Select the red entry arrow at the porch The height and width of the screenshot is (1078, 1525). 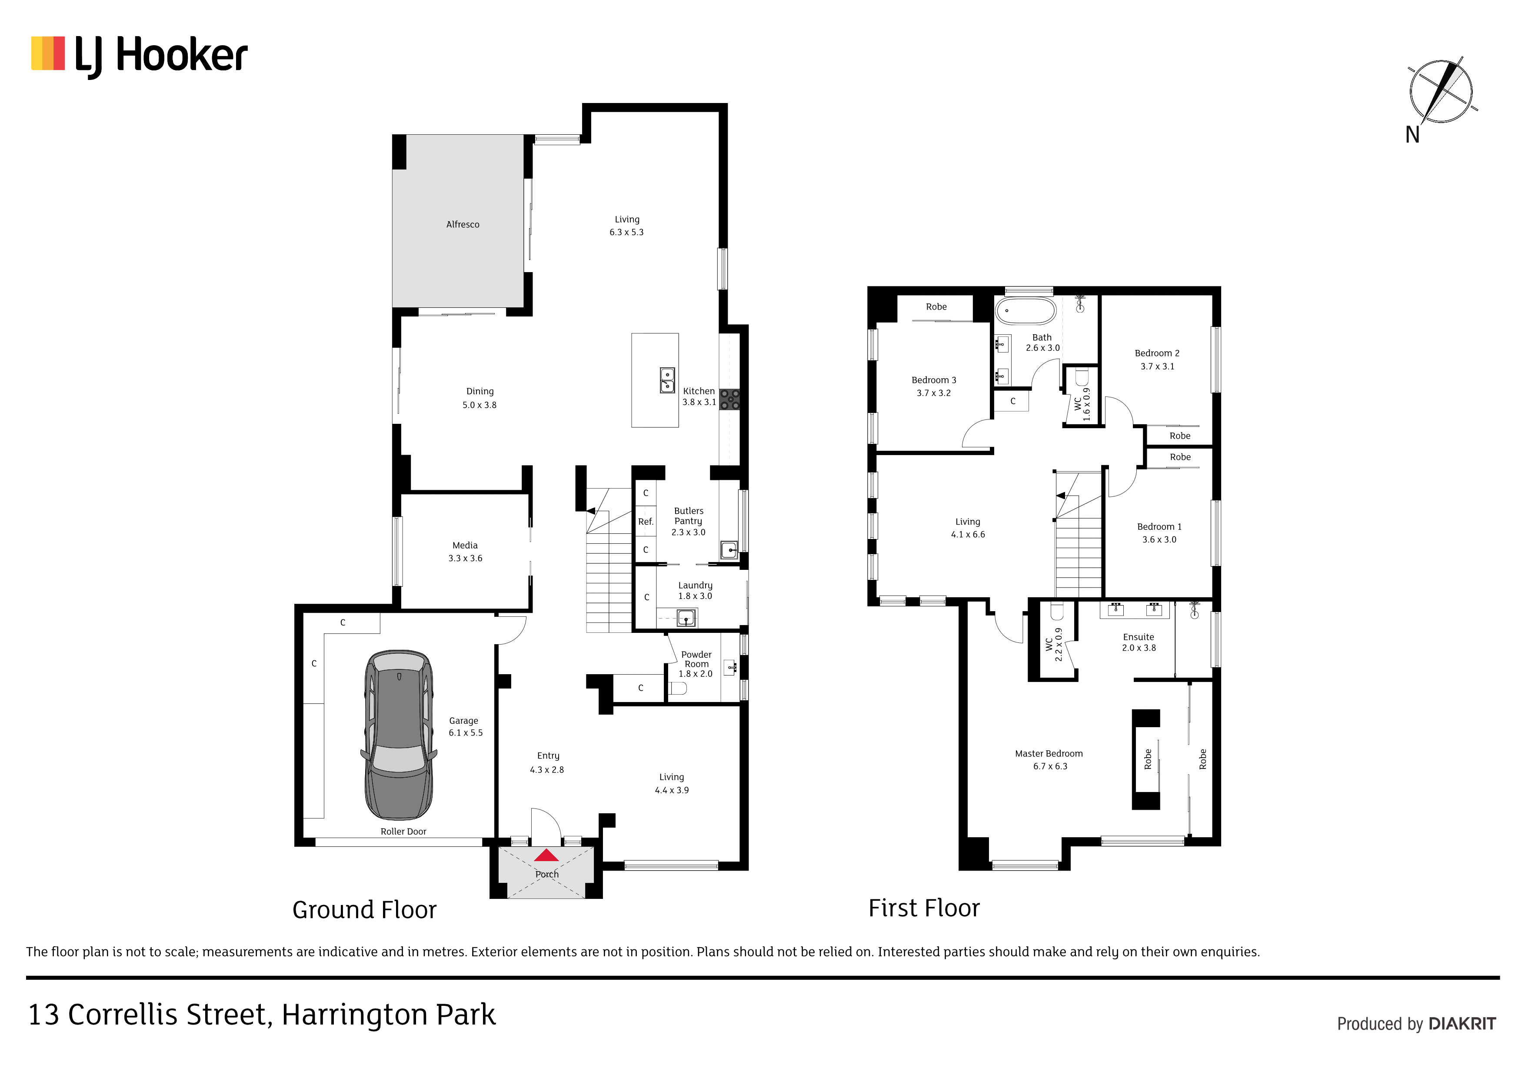tap(546, 855)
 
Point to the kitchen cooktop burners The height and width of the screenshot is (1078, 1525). tap(729, 399)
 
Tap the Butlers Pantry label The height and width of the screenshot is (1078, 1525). tap(688, 516)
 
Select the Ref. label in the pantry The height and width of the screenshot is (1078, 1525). tap(646, 522)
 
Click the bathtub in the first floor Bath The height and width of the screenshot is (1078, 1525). tap(1025, 311)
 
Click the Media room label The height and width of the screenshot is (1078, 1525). tap(465, 546)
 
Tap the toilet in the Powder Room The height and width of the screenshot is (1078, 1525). tap(677, 688)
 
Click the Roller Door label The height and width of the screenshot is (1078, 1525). tap(403, 832)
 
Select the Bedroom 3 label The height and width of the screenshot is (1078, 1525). tap(933, 380)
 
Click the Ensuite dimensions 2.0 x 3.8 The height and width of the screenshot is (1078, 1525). tap(1139, 648)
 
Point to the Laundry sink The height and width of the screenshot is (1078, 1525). tap(686, 619)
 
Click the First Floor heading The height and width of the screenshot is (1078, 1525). tap(923, 908)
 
